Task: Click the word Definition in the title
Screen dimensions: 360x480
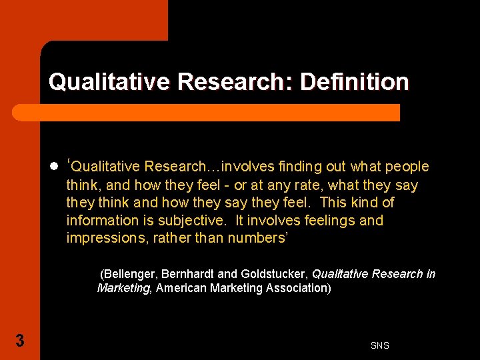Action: tap(355, 82)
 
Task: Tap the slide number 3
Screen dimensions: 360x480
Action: tap(20, 341)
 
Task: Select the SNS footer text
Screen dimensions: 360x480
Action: tap(380, 345)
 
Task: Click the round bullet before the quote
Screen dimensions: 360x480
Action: tap(53, 167)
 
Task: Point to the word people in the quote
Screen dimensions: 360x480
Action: tap(407, 167)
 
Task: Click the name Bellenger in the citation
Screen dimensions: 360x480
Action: tap(129, 274)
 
